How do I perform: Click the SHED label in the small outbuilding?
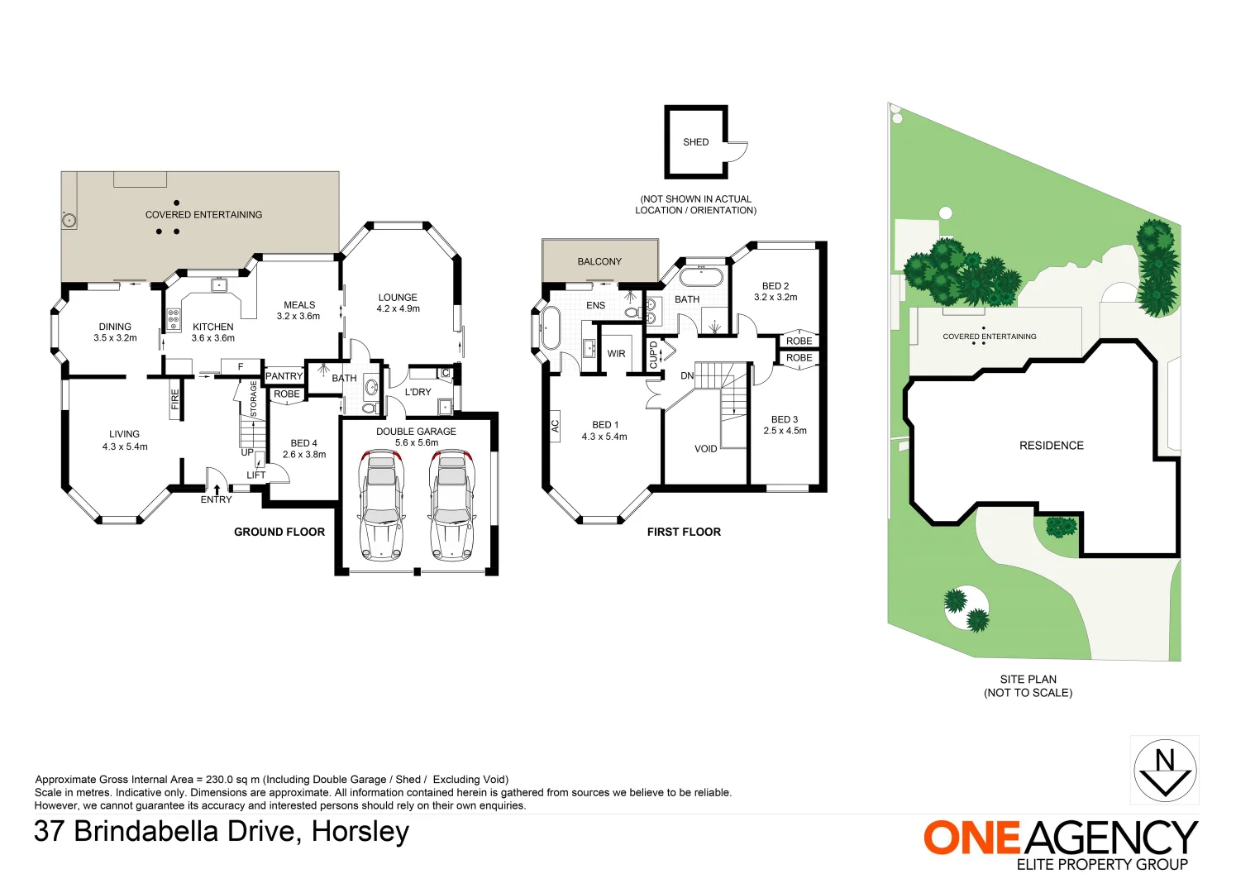(695, 142)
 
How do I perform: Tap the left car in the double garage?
(380, 505)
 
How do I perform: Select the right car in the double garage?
(451, 505)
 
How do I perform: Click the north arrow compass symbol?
(1164, 770)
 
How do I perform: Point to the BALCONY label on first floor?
(599, 261)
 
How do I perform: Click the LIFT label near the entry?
(256, 475)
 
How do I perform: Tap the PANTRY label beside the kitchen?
(284, 376)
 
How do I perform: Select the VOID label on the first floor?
(705, 449)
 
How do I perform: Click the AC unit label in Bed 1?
(556, 426)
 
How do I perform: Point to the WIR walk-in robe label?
(616, 354)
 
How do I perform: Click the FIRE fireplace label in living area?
(175, 399)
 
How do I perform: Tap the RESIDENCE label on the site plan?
(1051, 446)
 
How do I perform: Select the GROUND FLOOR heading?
(279, 532)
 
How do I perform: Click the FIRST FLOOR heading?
(684, 532)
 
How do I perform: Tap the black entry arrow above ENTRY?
(217, 489)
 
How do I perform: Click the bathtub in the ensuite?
(551, 329)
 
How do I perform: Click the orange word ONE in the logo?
(972, 838)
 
